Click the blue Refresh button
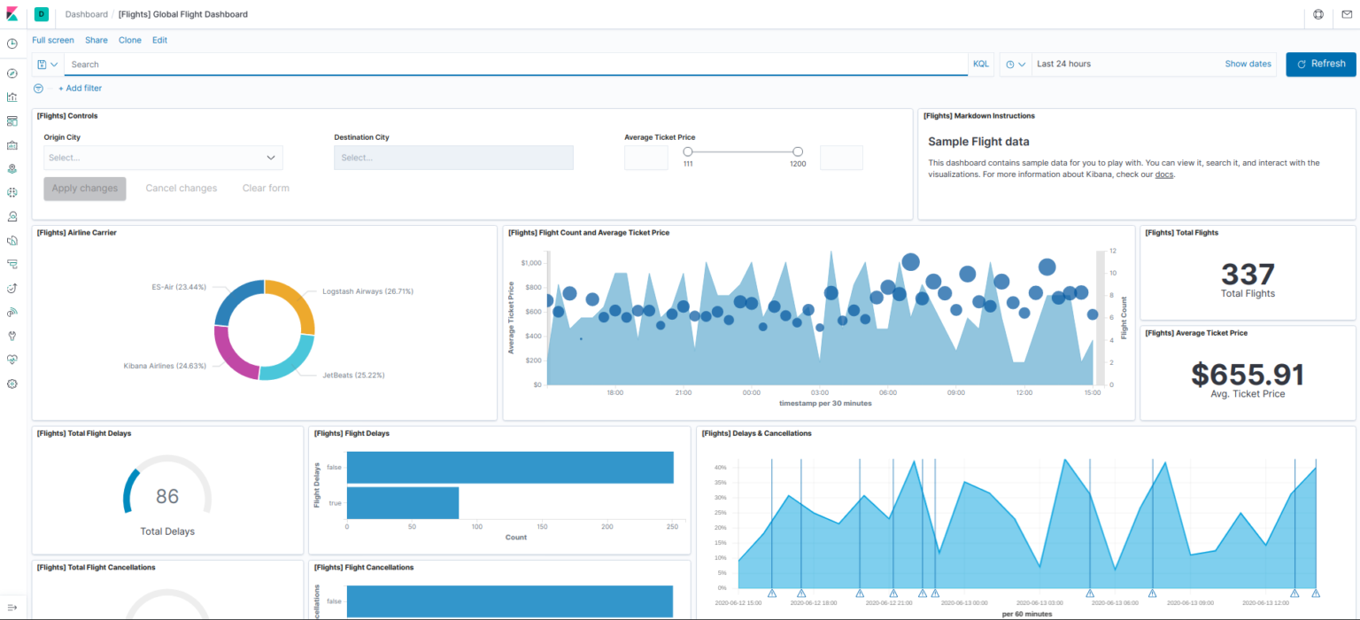[1320, 64]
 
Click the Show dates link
[1248, 64]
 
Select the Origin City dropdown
[163, 158]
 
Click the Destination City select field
[453, 158]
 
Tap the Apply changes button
[85, 188]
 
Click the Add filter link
[80, 89]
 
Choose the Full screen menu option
[53, 40]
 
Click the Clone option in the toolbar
[130, 40]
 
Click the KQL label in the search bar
[981, 64]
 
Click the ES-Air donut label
[179, 287]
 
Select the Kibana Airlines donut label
[165, 365]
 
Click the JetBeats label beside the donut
[353, 375]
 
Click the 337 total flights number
[1248, 274]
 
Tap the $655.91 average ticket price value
[1248, 374]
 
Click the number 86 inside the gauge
[167, 496]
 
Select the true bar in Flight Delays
[402, 502]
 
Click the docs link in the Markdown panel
[1164, 174]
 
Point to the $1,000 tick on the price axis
[530, 263]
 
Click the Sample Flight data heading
[978, 142]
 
